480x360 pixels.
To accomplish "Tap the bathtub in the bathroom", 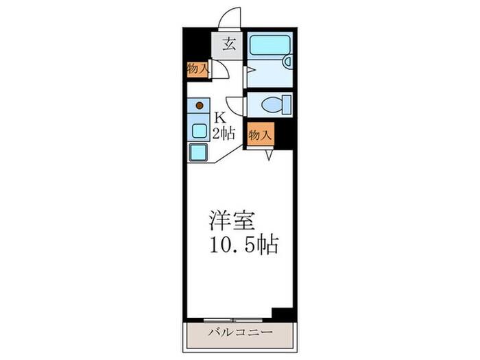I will coord(269,45).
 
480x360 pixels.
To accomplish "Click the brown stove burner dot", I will coord(200,106).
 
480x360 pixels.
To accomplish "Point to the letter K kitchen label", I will coord(221,117).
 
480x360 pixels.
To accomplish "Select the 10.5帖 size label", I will coord(243,245).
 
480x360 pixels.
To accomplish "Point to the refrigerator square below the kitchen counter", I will coord(198,152).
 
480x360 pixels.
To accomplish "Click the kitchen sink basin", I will coord(199,130).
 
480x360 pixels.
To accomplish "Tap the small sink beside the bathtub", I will coord(287,62).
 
